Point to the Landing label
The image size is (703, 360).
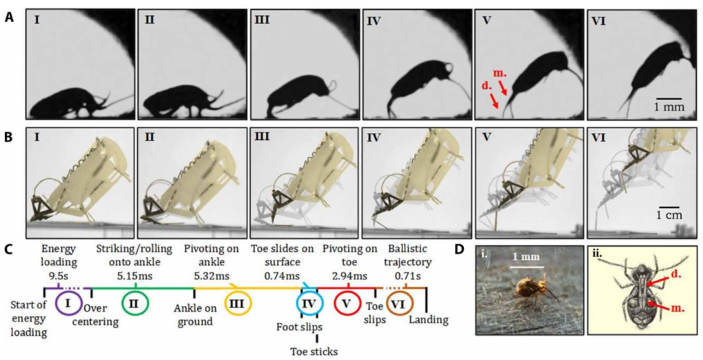point(428,319)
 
